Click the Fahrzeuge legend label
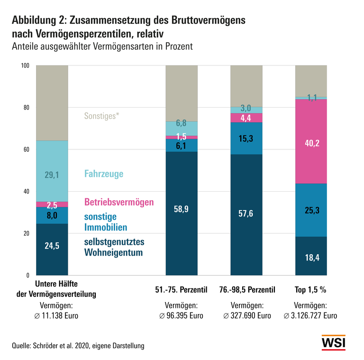pos(104,174)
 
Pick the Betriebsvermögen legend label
pos(119,202)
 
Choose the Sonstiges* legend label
pos(100,115)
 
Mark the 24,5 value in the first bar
pos(52,246)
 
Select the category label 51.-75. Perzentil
pos(181,289)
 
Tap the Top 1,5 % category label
pos(311,289)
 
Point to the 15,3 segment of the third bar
pos(246,138)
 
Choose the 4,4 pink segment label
pos(246,118)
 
